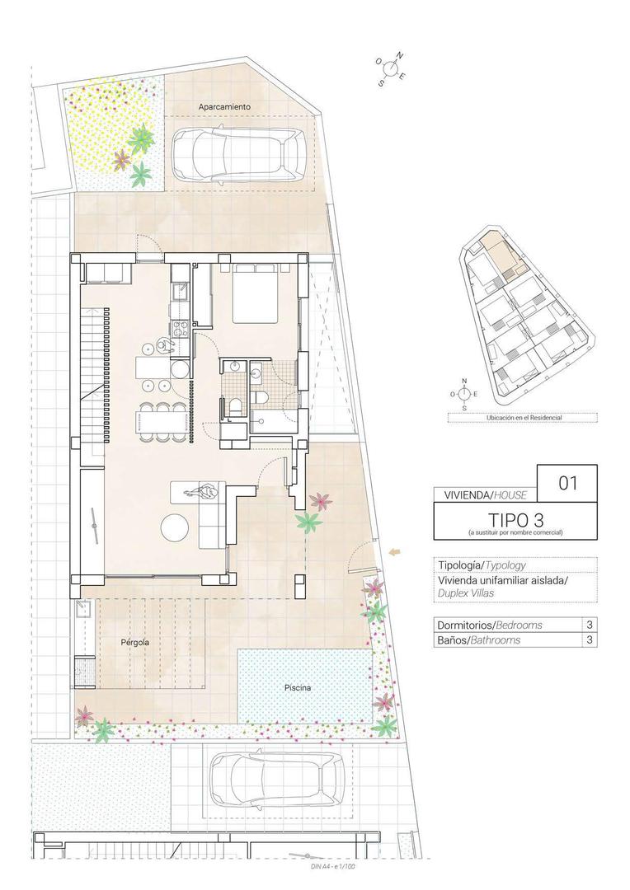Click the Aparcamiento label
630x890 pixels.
(223, 107)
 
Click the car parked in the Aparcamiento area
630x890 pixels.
(238, 155)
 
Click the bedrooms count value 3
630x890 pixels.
(589, 625)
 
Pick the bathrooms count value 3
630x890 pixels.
(589, 639)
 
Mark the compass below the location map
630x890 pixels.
(464, 394)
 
